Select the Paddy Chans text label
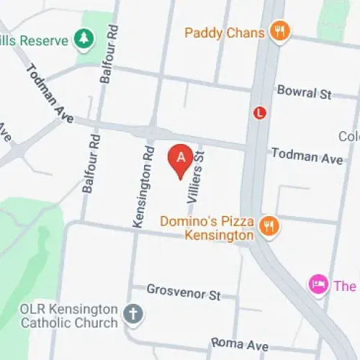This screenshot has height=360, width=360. (225, 32)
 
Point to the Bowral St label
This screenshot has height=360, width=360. (304, 91)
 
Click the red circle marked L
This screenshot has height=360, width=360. (260, 112)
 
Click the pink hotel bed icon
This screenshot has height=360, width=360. (318, 284)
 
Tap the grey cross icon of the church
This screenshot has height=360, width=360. (133, 313)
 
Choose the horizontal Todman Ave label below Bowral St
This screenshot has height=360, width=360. (306, 158)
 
